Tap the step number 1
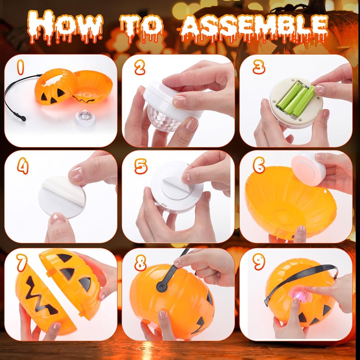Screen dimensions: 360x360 click(x=21, y=67)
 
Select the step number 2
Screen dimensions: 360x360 click(x=140, y=67)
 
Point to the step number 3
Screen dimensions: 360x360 click(x=259, y=67)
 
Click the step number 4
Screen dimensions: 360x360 click(x=23, y=166)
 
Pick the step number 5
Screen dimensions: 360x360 click(x=140, y=166)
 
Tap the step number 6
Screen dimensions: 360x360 click(x=259, y=165)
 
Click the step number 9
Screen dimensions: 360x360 click(x=259, y=262)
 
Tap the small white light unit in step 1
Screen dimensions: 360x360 click(x=85, y=118)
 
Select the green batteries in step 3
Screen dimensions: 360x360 click(x=296, y=98)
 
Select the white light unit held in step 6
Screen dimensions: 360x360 click(x=309, y=169)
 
